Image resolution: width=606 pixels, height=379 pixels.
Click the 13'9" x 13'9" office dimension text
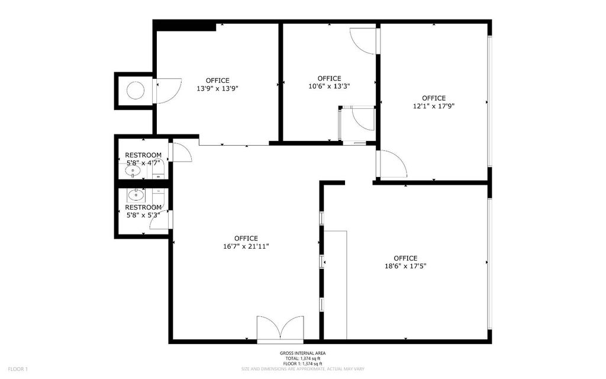click(217, 88)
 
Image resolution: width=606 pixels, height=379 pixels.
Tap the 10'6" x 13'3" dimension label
click(329, 86)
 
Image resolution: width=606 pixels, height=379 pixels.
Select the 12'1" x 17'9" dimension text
click(433, 106)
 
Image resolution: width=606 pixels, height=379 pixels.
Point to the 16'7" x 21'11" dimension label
click(246, 246)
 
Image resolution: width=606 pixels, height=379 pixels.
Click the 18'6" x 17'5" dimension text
click(405, 266)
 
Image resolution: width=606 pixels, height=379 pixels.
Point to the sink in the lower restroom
click(137, 194)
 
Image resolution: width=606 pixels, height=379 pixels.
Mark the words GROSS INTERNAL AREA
click(302, 354)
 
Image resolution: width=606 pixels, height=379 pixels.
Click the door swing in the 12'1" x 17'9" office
click(392, 164)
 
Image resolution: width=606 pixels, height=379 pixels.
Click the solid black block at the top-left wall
click(185, 25)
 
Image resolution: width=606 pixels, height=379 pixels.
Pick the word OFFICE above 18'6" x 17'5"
click(405, 258)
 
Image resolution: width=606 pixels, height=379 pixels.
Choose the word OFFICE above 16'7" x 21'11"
click(246, 238)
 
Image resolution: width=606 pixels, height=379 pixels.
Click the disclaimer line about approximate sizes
click(302, 368)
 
